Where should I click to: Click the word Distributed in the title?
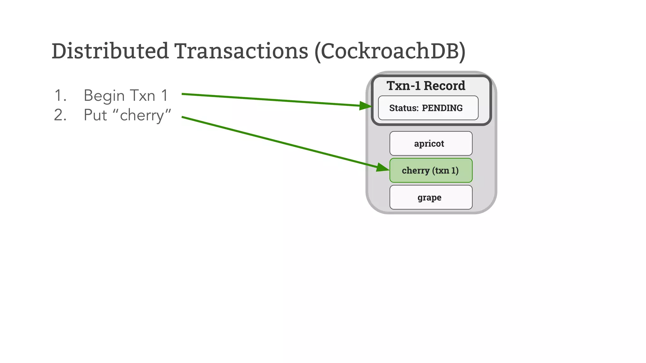[x=110, y=51]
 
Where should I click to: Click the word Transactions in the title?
[x=241, y=51]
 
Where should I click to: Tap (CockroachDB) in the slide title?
[x=390, y=51]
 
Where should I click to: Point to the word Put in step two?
[x=95, y=115]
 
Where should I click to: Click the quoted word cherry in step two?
[x=142, y=115]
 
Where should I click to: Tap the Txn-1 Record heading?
[x=426, y=86]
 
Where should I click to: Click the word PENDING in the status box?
[x=442, y=108]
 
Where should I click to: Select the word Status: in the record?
[x=404, y=108]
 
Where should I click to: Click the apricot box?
[x=431, y=143]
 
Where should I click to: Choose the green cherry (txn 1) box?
[x=431, y=170]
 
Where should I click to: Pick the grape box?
[x=431, y=197]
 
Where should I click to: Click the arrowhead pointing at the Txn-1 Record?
[x=366, y=106]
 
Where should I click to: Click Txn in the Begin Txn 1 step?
[x=142, y=95]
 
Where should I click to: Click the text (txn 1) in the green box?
[x=445, y=170]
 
